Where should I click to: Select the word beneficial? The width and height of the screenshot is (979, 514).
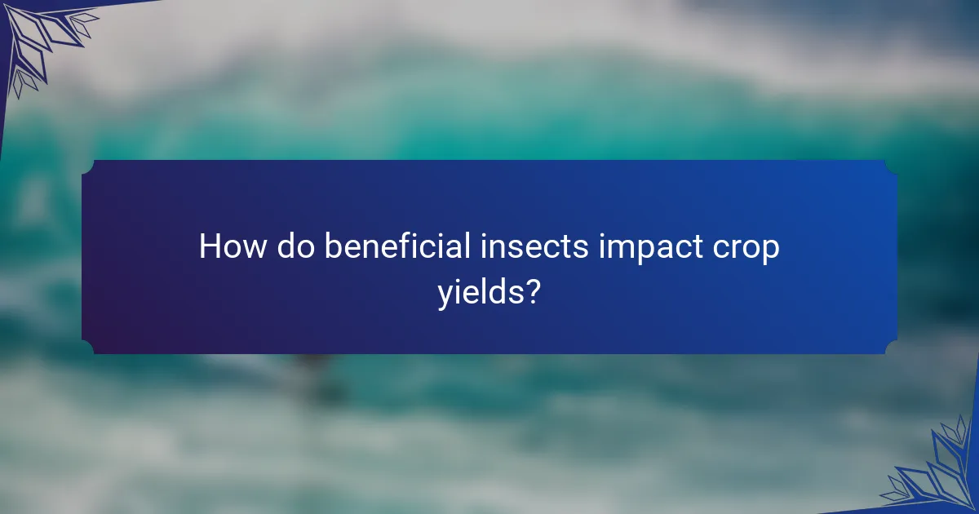(x=396, y=246)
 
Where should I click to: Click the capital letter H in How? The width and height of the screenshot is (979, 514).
(x=210, y=246)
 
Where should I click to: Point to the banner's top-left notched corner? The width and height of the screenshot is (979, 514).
(x=88, y=166)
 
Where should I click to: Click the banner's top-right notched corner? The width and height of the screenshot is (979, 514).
(x=891, y=166)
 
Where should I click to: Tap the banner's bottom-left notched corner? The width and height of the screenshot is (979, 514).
(x=88, y=348)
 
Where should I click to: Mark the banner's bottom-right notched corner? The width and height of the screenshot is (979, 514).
(x=891, y=348)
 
